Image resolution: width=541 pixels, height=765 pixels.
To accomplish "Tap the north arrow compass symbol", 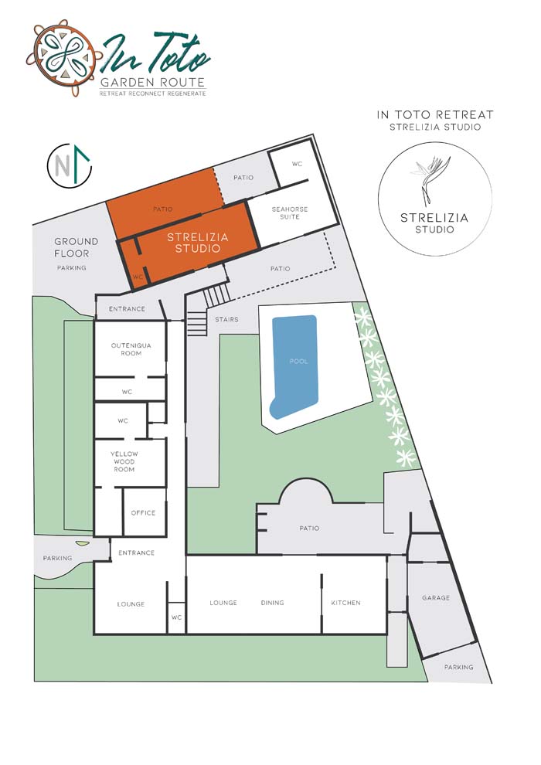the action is click(70, 166).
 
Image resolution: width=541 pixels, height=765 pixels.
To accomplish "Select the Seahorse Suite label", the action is click(290, 212).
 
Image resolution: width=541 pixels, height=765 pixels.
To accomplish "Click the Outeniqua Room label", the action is click(131, 349).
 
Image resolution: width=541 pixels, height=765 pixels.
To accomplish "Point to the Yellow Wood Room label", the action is click(124, 461).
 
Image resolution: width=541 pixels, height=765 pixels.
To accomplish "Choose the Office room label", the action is click(143, 513).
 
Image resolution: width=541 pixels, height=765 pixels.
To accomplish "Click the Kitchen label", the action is click(346, 603).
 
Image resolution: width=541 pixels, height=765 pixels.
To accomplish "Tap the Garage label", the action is click(436, 597).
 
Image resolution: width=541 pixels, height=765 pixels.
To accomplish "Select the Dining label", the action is click(272, 603).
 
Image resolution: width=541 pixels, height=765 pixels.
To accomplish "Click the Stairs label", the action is click(227, 320).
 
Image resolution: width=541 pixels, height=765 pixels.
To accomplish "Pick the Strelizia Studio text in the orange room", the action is click(198, 243).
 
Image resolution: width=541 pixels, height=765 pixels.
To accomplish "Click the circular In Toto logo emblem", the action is click(64, 58).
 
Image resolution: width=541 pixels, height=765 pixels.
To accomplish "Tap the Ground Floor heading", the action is click(76, 247).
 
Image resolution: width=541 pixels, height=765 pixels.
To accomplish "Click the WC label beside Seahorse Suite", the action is click(297, 164).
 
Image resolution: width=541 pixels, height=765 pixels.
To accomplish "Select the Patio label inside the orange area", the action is click(163, 209).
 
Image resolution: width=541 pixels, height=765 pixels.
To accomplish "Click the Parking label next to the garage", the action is click(458, 667).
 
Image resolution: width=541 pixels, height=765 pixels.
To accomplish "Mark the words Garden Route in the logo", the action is click(152, 82).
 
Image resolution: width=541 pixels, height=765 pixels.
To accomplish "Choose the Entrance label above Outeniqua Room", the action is click(127, 309).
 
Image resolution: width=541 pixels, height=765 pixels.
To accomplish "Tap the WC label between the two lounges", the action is click(176, 617).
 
